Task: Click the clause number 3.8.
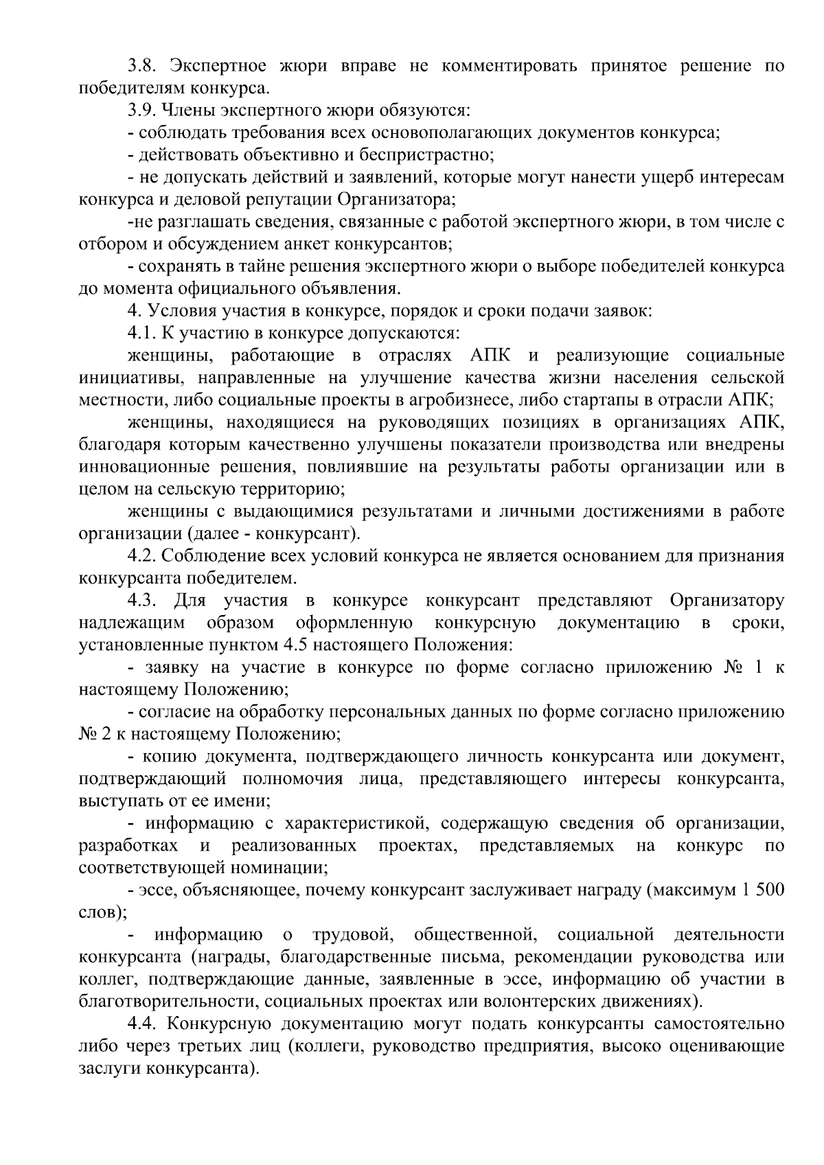pos(143,66)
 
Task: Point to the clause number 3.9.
pos(143,110)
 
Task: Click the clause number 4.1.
pos(143,333)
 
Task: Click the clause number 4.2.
pos(143,556)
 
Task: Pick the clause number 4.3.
pos(143,601)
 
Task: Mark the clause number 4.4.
pos(143,1024)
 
